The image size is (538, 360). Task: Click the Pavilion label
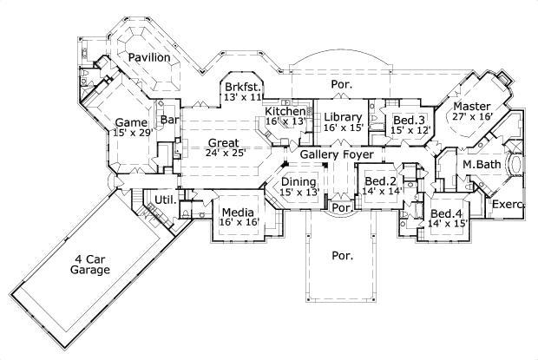click(x=148, y=57)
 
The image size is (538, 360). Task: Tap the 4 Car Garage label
click(x=90, y=265)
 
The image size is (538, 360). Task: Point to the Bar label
click(x=170, y=120)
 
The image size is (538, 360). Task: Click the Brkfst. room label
click(x=243, y=87)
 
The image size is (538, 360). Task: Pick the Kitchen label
click(x=285, y=112)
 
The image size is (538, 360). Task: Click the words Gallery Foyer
click(x=338, y=154)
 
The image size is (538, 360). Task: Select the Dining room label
click(x=299, y=181)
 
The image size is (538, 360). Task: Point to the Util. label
click(x=165, y=200)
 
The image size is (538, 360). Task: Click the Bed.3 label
click(x=409, y=120)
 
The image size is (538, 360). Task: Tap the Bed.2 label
click(x=377, y=180)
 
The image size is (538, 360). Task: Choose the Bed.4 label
click(x=446, y=213)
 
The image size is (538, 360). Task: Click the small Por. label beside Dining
click(x=340, y=209)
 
